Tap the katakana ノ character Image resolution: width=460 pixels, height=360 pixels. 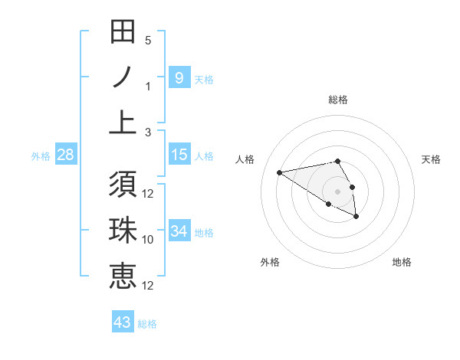(123, 77)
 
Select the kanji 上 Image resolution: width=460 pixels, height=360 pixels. (123, 122)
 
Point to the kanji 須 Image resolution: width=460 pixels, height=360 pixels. (123, 186)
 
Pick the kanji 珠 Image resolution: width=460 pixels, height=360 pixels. (123, 231)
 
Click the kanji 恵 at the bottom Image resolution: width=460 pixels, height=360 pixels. (123, 277)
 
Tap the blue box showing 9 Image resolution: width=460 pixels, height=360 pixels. (179, 77)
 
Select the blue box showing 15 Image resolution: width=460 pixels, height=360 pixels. (179, 155)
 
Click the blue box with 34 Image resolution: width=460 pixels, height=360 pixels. (179, 231)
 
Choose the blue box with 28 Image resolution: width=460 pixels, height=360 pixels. (66, 155)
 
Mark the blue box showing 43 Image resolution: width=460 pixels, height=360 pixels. (123, 322)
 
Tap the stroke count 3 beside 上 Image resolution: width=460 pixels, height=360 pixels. (148, 131)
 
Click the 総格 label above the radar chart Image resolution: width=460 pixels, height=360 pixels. (338, 100)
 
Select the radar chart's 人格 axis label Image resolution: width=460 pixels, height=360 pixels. (245, 159)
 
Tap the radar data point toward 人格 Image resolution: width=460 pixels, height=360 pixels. (280, 172)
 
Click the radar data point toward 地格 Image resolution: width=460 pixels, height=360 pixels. (356, 217)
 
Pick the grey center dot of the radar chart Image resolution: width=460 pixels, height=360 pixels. (338, 191)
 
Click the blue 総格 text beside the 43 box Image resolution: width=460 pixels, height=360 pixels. (147, 324)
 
